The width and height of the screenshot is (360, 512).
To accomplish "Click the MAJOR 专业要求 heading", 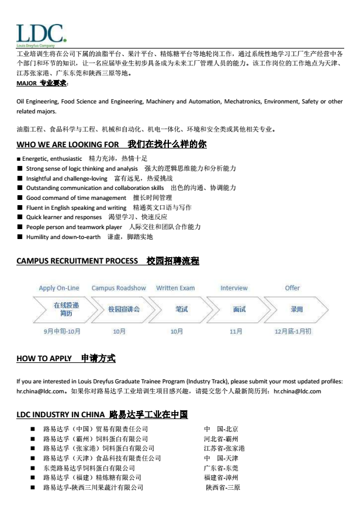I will pyautogui.click(x=42, y=84).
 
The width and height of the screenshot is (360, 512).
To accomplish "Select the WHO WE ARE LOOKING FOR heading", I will pyautogui.click(x=111, y=144).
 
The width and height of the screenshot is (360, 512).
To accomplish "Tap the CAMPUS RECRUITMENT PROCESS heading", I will pyautogui.click(x=108, y=261).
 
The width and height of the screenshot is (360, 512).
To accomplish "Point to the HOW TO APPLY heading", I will pyautogui.click(x=65, y=358).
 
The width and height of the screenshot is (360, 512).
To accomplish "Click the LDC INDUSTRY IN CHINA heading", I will pyautogui.click(x=102, y=414).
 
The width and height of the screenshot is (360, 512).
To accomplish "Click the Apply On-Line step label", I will pyautogui.click(x=59, y=288).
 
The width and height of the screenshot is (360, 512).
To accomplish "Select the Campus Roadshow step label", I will pyautogui.click(x=119, y=288).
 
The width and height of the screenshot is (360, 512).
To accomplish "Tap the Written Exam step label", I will pyautogui.click(x=175, y=288).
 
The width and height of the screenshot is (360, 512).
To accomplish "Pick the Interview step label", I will pyautogui.click(x=234, y=288).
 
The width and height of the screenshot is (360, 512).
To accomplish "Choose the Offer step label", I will pyautogui.click(x=292, y=288).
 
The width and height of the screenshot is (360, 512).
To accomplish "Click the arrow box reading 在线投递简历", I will pyautogui.click(x=65, y=309).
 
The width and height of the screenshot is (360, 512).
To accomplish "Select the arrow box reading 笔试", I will pyautogui.click(x=181, y=309).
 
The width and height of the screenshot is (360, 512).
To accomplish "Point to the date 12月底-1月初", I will pyautogui.click(x=293, y=331).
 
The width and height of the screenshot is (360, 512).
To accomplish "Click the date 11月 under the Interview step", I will pyautogui.click(x=236, y=331).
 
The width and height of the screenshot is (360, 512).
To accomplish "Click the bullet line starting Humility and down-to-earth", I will pyautogui.click(x=89, y=237).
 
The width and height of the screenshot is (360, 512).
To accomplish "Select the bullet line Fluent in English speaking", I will pyautogui.click(x=108, y=207).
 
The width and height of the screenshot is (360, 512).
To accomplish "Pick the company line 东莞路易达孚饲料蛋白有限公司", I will pyautogui.click(x=89, y=468).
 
